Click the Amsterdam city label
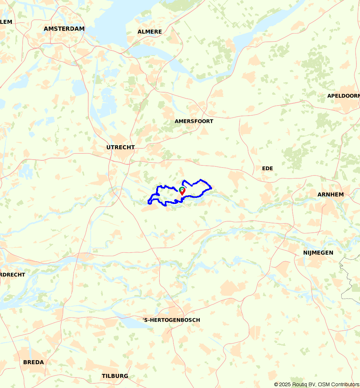pos(64,29)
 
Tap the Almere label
pos(149,32)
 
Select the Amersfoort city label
pos(194,121)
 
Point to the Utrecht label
pos(120,147)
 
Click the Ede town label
pos(267,168)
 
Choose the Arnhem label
pos(330,195)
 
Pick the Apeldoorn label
pos(343,96)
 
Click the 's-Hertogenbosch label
pos(171,320)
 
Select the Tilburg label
pos(114,376)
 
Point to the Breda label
pos(33,362)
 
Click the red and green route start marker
pos(182,191)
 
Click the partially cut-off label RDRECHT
pos(13,275)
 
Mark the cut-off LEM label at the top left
pos(6,22)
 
